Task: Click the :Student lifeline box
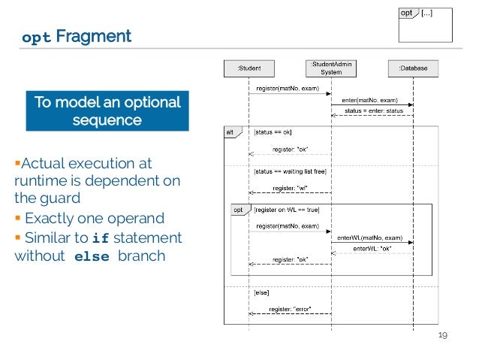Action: click(x=249, y=68)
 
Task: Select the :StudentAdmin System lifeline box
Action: click(x=331, y=68)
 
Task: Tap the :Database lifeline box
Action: click(x=412, y=68)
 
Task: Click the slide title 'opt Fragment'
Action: click(x=77, y=36)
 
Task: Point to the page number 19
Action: click(x=442, y=335)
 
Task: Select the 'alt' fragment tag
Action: click(x=230, y=132)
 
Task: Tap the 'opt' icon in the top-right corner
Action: click(x=407, y=13)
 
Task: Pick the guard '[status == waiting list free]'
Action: click(x=288, y=171)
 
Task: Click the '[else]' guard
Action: click(x=262, y=292)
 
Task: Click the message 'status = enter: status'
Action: click(x=373, y=111)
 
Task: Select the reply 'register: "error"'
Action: click(x=290, y=309)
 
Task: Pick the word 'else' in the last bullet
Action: click(x=92, y=256)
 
